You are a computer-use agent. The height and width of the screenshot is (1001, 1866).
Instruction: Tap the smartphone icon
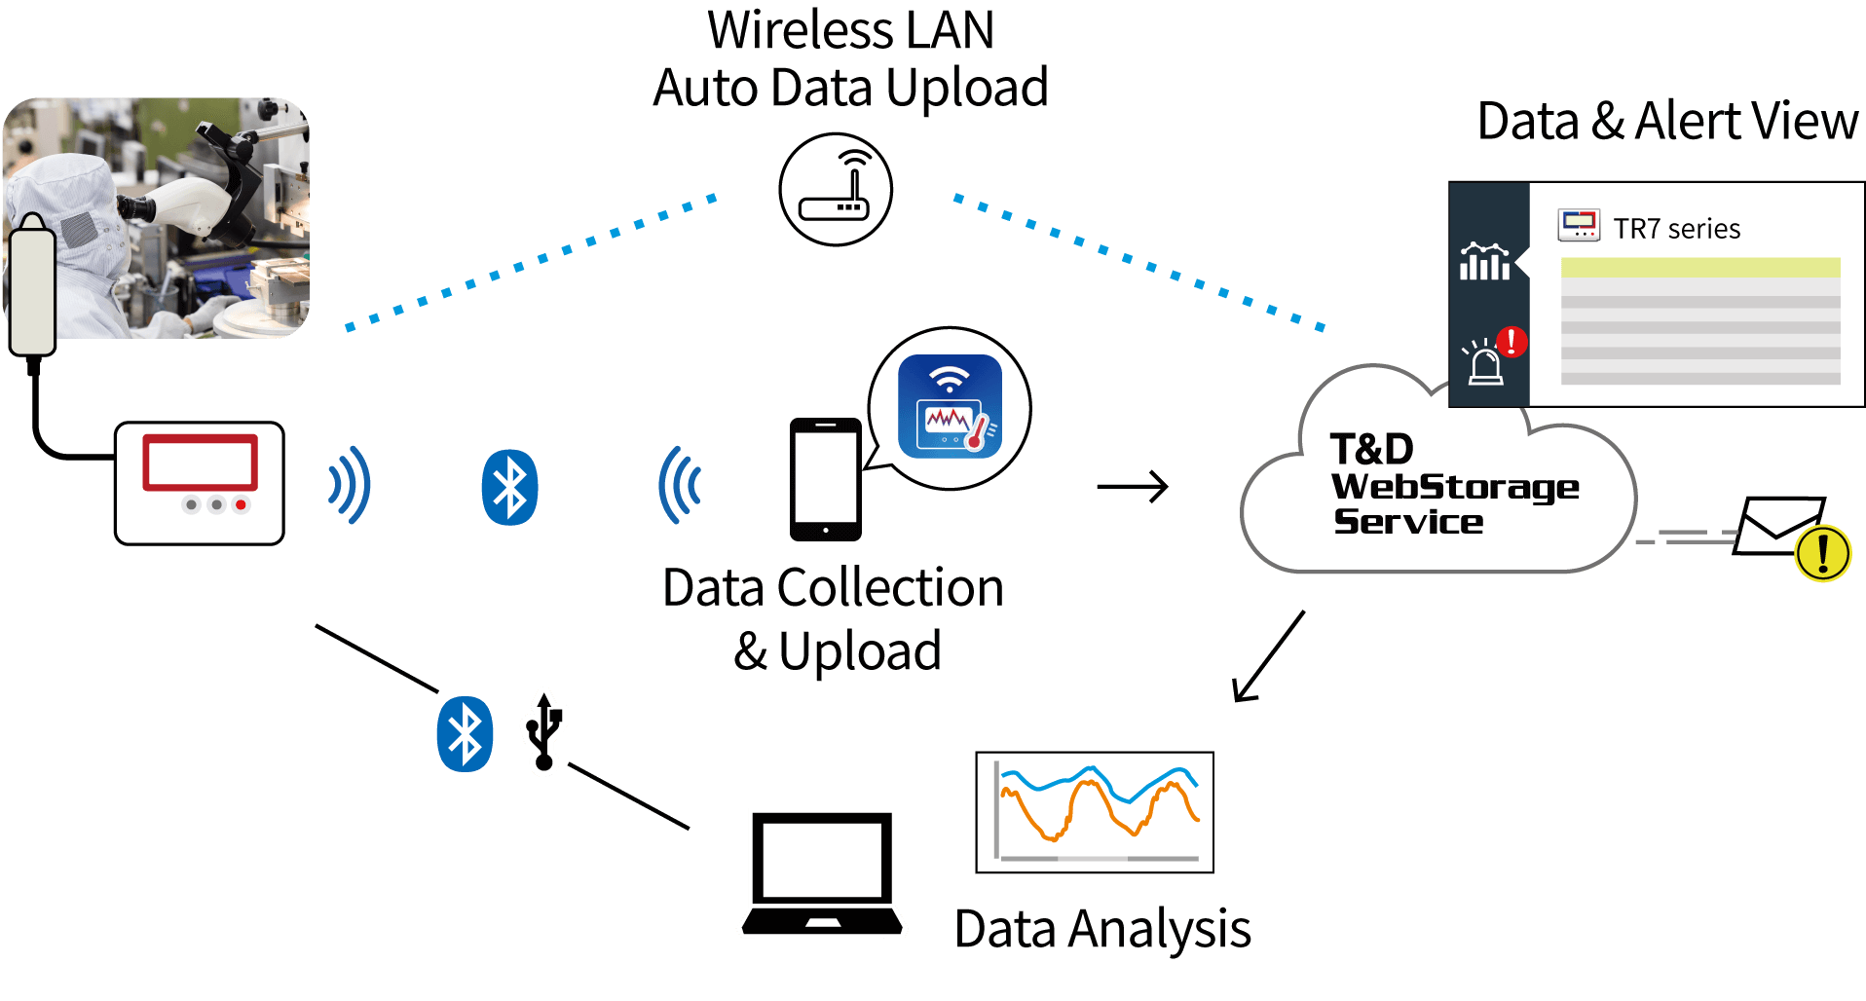tap(825, 479)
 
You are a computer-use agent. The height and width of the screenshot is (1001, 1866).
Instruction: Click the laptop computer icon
tap(822, 873)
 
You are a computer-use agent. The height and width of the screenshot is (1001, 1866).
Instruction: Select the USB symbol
tap(544, 731)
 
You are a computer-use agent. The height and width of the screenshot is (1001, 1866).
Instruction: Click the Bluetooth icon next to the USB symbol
tap(465, 734)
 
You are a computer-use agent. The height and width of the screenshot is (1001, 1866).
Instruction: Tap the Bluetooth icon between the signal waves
tap(509, 487)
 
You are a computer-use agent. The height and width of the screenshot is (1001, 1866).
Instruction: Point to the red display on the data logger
tap(201, 462)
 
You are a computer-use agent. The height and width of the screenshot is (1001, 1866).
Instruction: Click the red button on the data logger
tap(241, 504)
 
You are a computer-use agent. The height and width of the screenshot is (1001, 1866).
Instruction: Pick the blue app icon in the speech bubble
tap(950, 406)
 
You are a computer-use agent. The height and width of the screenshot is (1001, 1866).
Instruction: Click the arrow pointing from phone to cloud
tap(1132, 486)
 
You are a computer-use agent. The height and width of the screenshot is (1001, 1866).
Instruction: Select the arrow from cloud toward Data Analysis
tap(1268, 656)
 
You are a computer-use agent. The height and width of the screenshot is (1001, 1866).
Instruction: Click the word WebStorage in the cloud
tap(1455, 486)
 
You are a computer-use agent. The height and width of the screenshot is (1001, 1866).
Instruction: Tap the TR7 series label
tap(1676, 229)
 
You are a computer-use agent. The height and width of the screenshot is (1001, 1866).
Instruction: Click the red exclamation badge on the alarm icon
tap(1511, 342)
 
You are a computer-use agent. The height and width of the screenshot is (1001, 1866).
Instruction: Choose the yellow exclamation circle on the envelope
tap(1822, 553)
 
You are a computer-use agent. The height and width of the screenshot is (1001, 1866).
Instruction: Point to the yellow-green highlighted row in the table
tap(1700, 268)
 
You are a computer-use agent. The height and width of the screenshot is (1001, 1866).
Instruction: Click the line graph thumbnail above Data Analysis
tap(1095, 812)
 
